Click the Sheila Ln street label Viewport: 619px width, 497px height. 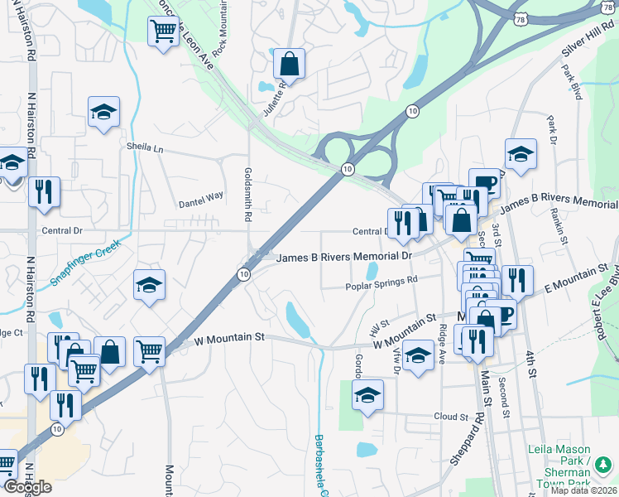coord(146,147)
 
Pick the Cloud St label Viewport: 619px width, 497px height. coord(451,417)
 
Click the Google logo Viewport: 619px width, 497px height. coord(27,488)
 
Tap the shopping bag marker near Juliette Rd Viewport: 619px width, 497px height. coord(289,62)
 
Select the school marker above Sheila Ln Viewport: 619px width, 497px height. coord(104,112)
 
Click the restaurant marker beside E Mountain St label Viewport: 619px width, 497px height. coord(517,280)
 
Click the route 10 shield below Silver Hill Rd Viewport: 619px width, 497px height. coord(412,111)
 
